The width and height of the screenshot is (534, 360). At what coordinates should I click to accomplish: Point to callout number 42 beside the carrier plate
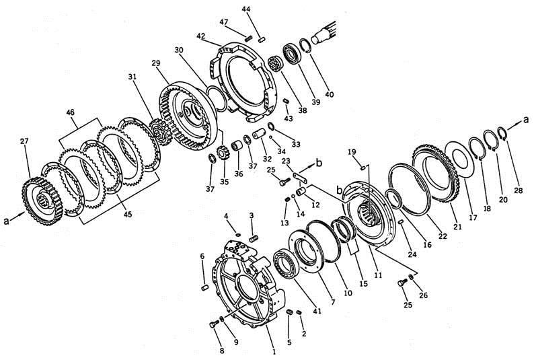click(200, 36)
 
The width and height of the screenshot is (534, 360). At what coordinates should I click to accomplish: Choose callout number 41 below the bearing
click(317, 312)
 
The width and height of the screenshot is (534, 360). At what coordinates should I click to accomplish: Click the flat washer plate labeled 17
click(462, 160)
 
